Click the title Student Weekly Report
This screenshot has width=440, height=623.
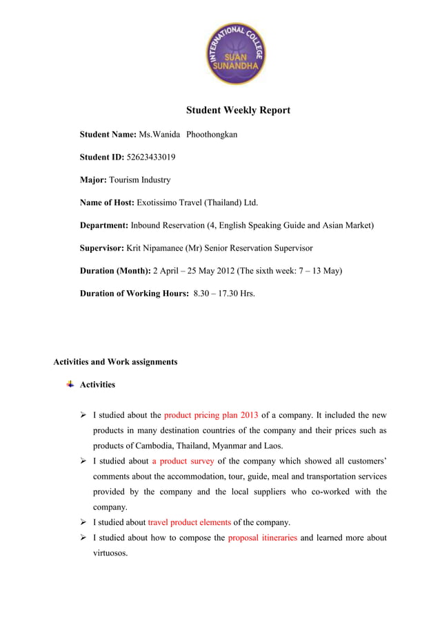(x=238, y=111)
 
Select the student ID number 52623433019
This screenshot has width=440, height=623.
(x=151, y=157)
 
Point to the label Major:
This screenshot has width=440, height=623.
(x=93, y=180)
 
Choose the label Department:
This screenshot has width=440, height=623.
(x=104, y=226)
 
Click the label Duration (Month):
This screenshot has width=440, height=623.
(x=115, y=271)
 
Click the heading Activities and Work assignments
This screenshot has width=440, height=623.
(x=115, y=362)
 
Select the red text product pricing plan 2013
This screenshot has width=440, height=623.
(x=211, y=415)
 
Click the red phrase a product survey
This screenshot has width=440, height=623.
(x=183, y=461)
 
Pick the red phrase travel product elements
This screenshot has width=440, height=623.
(x=190, y=522)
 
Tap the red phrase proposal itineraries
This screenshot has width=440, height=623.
(x=263, y=537)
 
